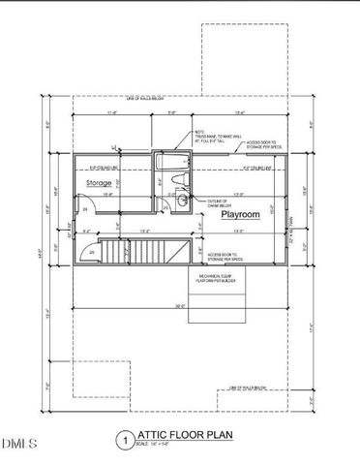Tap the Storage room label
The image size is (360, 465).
point(98,182)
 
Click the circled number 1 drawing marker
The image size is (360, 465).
point(123,440)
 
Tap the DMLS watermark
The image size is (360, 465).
point(18,444)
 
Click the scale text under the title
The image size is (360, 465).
point(155,446)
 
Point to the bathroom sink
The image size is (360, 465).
point(182,201)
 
